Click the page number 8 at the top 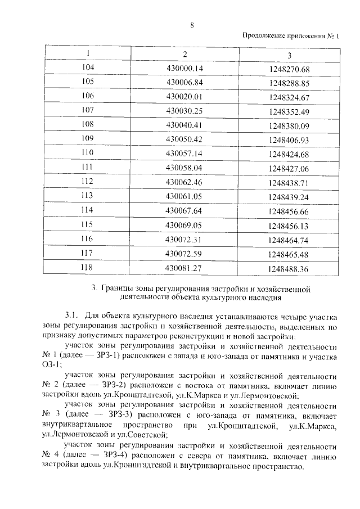click(192, 25)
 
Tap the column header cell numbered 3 click(289, 55)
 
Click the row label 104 click(88, 68)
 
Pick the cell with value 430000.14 click(184, 69)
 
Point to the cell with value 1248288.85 click(289, 83)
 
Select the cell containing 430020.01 click(184, 96)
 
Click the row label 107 click(88, 110)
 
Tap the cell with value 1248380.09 click(289, 125)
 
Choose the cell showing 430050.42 click(184, 138)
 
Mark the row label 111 click(88, 167)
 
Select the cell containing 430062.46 click(184, 182)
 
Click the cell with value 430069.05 click(184, 224)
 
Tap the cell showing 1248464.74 click(289, 240)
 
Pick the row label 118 click(88, 268)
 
